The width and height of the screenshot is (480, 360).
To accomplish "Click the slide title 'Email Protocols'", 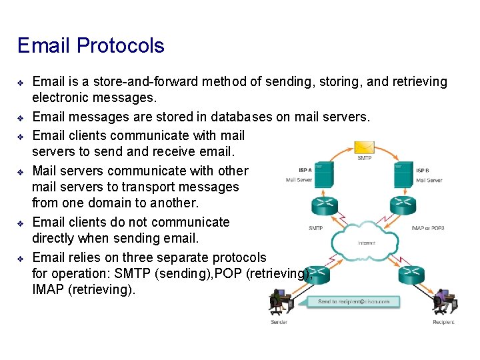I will [91, 46].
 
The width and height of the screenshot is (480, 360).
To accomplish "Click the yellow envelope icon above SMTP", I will [364, 147].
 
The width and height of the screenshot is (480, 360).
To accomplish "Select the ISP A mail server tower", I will [324, 174].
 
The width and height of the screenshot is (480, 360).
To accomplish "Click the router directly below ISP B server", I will [403, 205].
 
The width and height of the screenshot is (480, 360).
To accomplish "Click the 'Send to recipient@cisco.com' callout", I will [353, 302].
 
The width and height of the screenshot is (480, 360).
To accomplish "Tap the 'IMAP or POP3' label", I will [428, 228].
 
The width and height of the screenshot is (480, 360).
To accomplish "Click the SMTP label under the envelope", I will [364, 159].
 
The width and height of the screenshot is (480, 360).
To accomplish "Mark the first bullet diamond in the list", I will [20, 83].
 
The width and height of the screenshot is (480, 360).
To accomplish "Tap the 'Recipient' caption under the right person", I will [443, 322].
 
